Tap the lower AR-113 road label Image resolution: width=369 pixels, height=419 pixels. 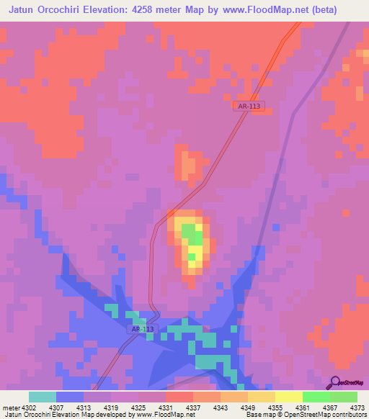[x=142, y=329]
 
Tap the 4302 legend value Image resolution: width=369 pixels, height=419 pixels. [x=30, y=408]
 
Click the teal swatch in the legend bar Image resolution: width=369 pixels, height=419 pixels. [x=43, y=397]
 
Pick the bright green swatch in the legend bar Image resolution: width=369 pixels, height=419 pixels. [x=315, y=397]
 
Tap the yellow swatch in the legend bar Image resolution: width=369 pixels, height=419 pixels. [x=288, y=397]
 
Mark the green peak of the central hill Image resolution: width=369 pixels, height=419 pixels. [x=191, y=238]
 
